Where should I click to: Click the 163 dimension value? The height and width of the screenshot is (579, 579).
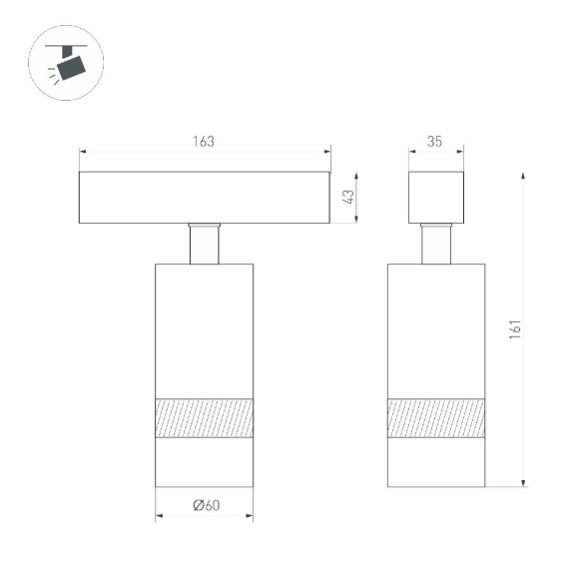tap(204, 142)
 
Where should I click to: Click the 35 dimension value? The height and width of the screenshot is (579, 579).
tap(435, 142)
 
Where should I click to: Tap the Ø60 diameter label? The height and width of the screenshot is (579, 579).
tap(205, 506)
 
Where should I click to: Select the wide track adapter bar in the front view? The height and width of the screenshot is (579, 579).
tap(205, 197)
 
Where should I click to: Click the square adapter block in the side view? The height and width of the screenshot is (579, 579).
tap(436, 197)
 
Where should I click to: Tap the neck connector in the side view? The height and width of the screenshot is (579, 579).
tap(436, 244)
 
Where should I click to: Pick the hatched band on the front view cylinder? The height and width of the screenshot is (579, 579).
tap(204, 417)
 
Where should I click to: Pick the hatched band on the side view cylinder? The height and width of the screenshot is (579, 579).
tap(436, 417)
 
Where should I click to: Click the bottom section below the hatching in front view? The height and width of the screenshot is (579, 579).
tap(204, 462)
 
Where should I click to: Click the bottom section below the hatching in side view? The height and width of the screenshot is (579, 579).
tap(436, 462)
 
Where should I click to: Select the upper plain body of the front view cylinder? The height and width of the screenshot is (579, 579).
tap(204, 329)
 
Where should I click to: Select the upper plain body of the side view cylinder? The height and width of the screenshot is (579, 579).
tap(436, 329)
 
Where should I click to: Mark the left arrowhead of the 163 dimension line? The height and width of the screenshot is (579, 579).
tap(84, 153)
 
